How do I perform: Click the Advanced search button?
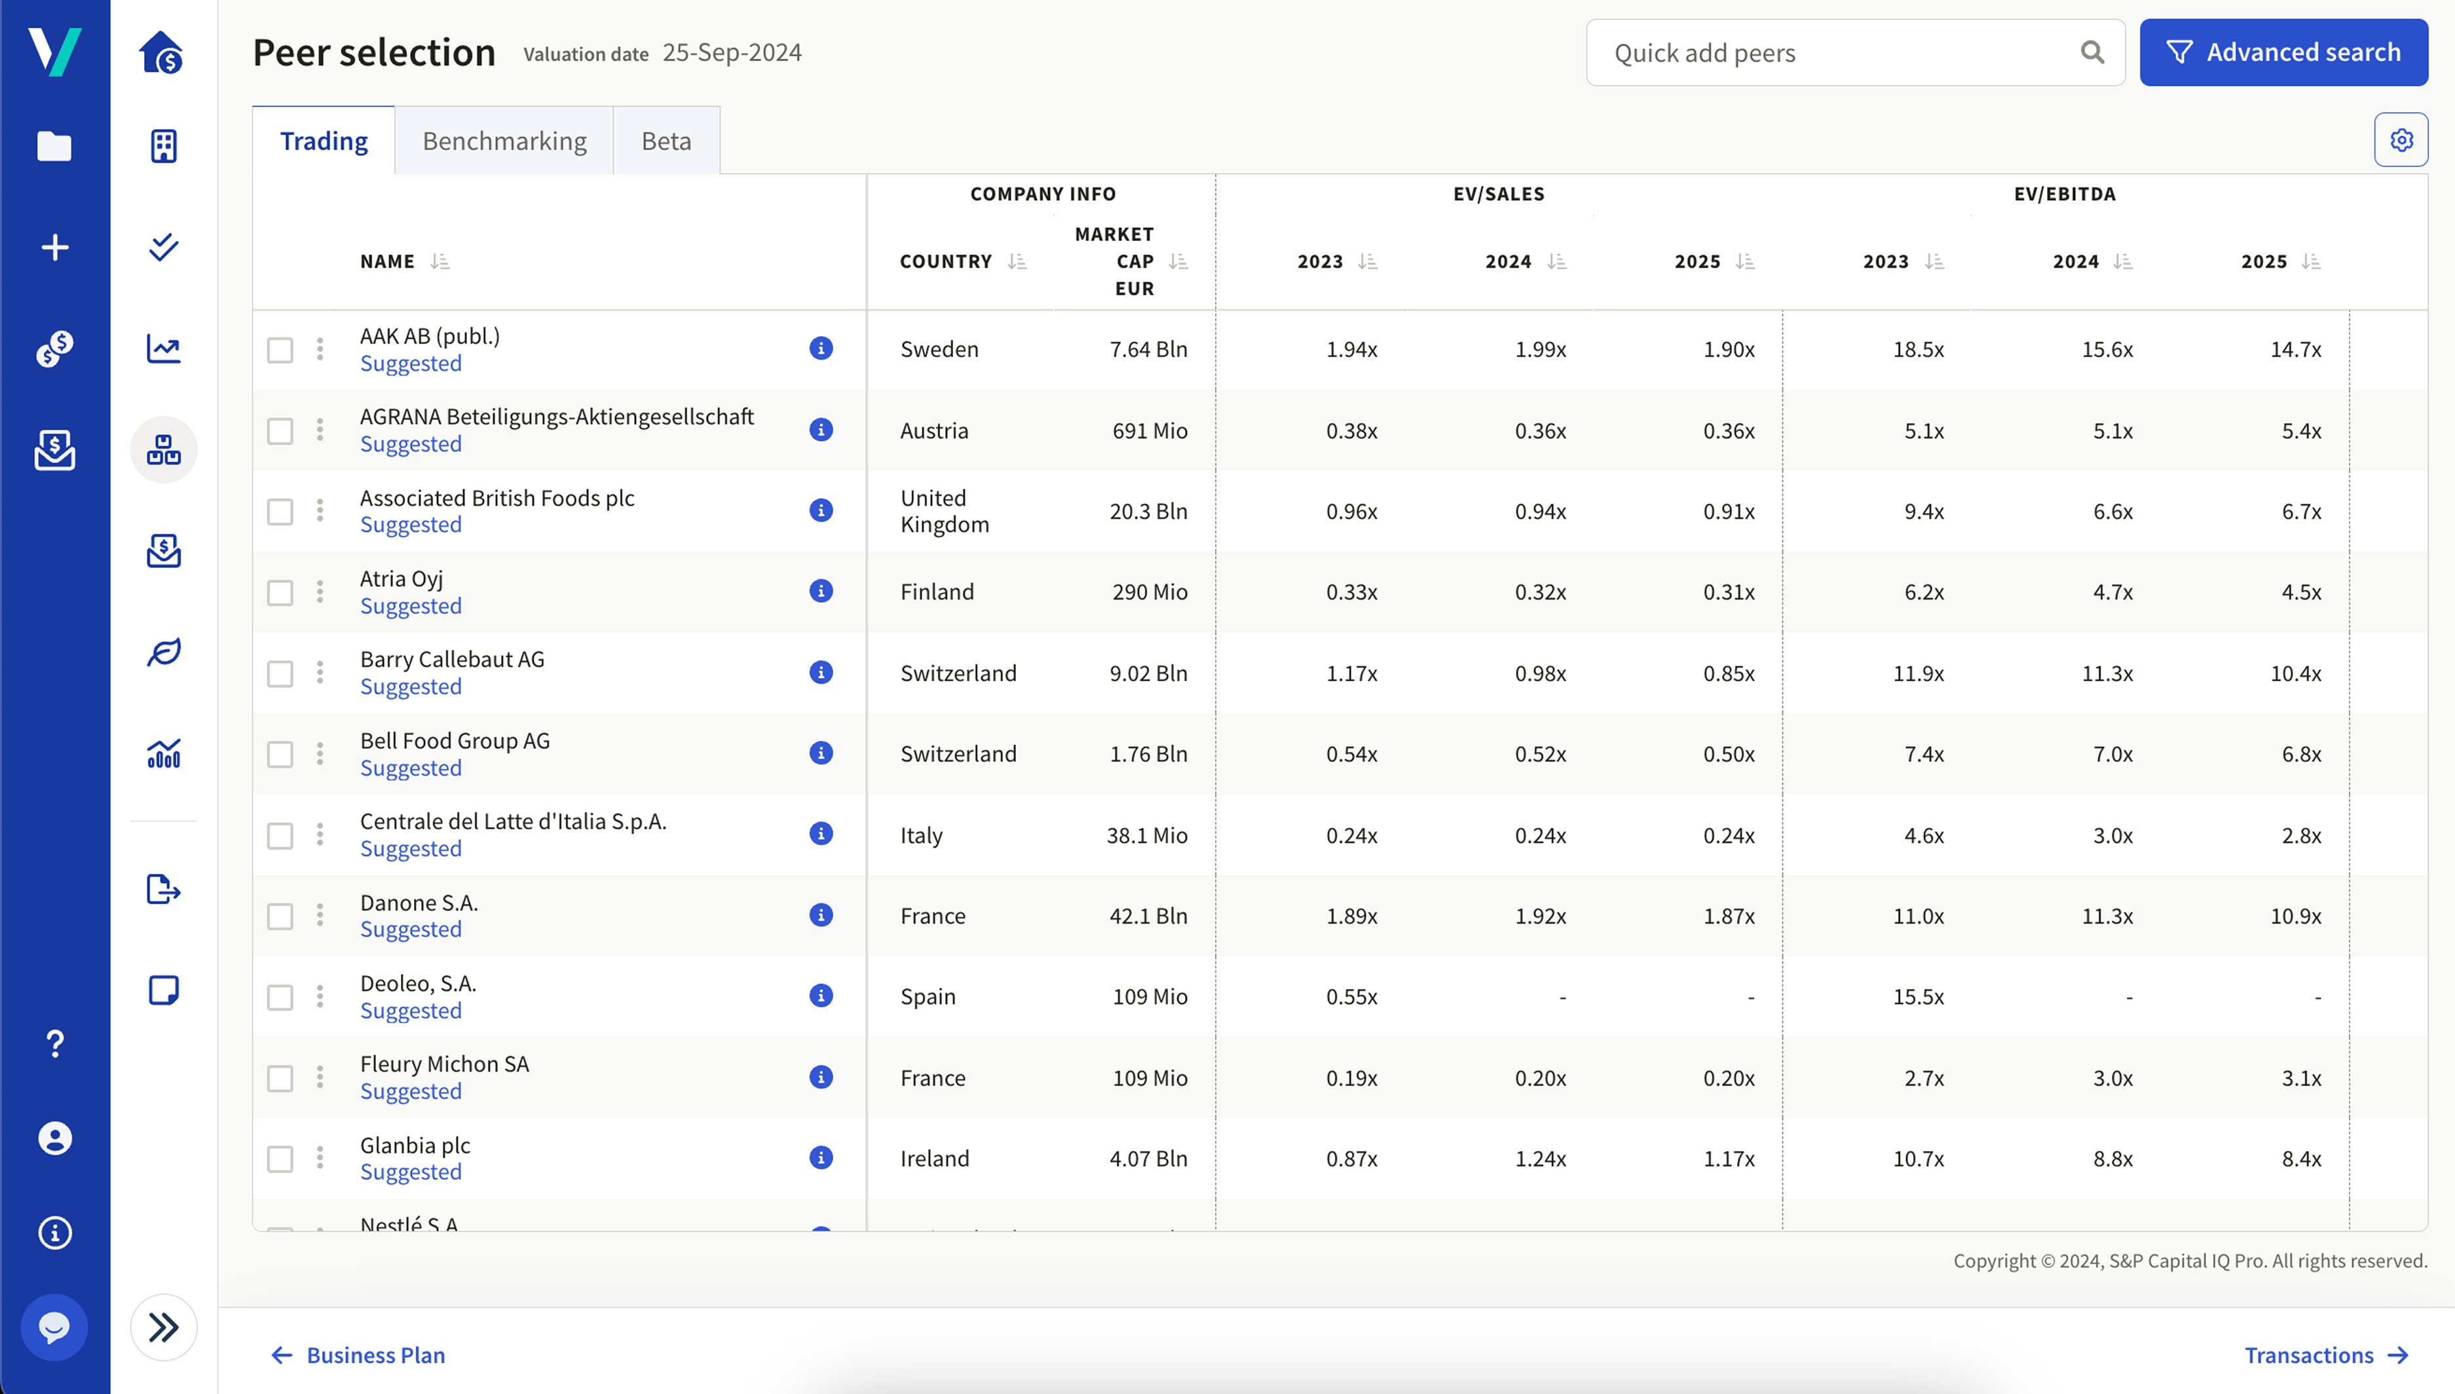click(2283, 52)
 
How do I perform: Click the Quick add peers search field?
click(1838, 52)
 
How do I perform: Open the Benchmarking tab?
click(504, 141)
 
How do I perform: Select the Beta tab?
click(666, 141)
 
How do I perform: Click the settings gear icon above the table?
click(2401, 140)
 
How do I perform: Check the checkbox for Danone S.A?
click(280, 916)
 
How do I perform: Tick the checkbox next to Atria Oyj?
click(280, 593)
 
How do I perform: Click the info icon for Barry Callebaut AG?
click(820, 672)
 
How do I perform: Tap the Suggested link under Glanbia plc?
click(411, 1172)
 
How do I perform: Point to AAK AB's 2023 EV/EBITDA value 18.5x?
click(1918, 349)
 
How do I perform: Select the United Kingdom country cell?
click(944, 511)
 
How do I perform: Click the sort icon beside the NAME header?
click(440, 261)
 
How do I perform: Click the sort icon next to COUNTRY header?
click(1017, 261)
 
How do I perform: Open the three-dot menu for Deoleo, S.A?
click(320, 996)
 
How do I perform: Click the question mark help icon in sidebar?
click(54, 1043)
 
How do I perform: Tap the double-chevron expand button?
click(164, 1327)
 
